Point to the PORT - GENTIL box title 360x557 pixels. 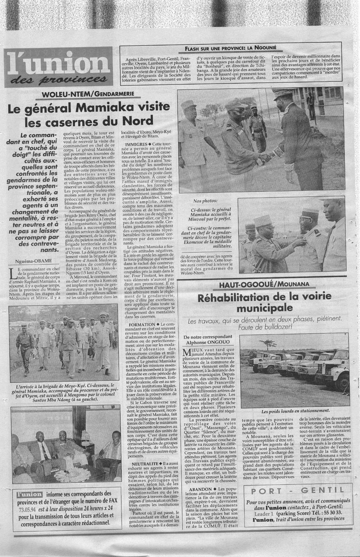coord(297,491)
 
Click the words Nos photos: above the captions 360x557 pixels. coord(205,201)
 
